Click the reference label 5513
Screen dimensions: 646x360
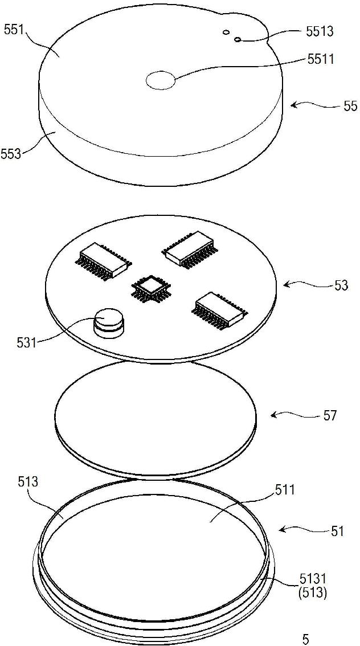pyautogui.click(x=319, y=32)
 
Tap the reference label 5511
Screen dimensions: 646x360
pyautogui.click(x=319, y=58)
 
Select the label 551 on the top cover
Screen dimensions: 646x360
pyautogui.click(x=15, y=29)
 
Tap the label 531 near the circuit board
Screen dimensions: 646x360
pyautogui.click(x=26, y=342)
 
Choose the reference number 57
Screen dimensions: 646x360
pyautogui.click(x=330, y=415)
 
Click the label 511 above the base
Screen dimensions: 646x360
pyautogui.click(x=285, y=489)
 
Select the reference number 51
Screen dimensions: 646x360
pyautogui.click(x=337, y=531)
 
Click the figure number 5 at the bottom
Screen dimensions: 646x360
pyautogui.click(x=306, y=638)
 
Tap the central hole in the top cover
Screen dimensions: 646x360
pyautogui.click(x=160, y=81)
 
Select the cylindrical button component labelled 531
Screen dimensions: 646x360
pyautogui.click(x=108, y=322)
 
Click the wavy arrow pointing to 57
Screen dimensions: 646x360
pyautogui.click(x=291, y=415)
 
